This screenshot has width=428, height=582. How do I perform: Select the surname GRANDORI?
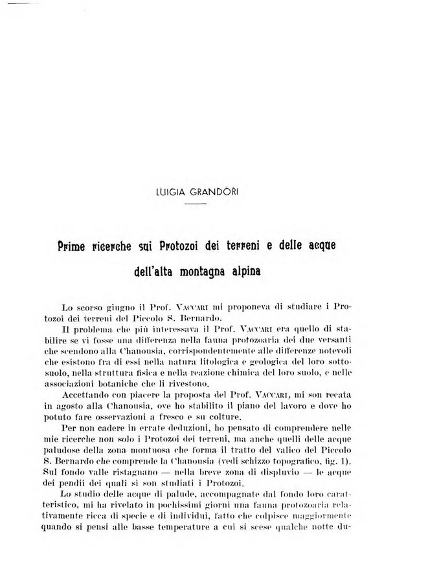coord(214,193)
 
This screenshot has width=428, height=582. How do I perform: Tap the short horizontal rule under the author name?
coord(195,204)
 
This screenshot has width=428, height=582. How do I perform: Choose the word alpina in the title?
coord(263,266)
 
